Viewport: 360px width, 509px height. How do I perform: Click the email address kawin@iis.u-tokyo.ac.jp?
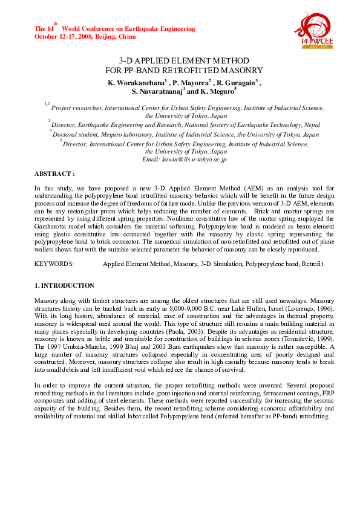[184, 159]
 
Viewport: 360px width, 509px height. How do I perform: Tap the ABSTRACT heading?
[54, 173]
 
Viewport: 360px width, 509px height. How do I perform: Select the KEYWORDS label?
[54, 264]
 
